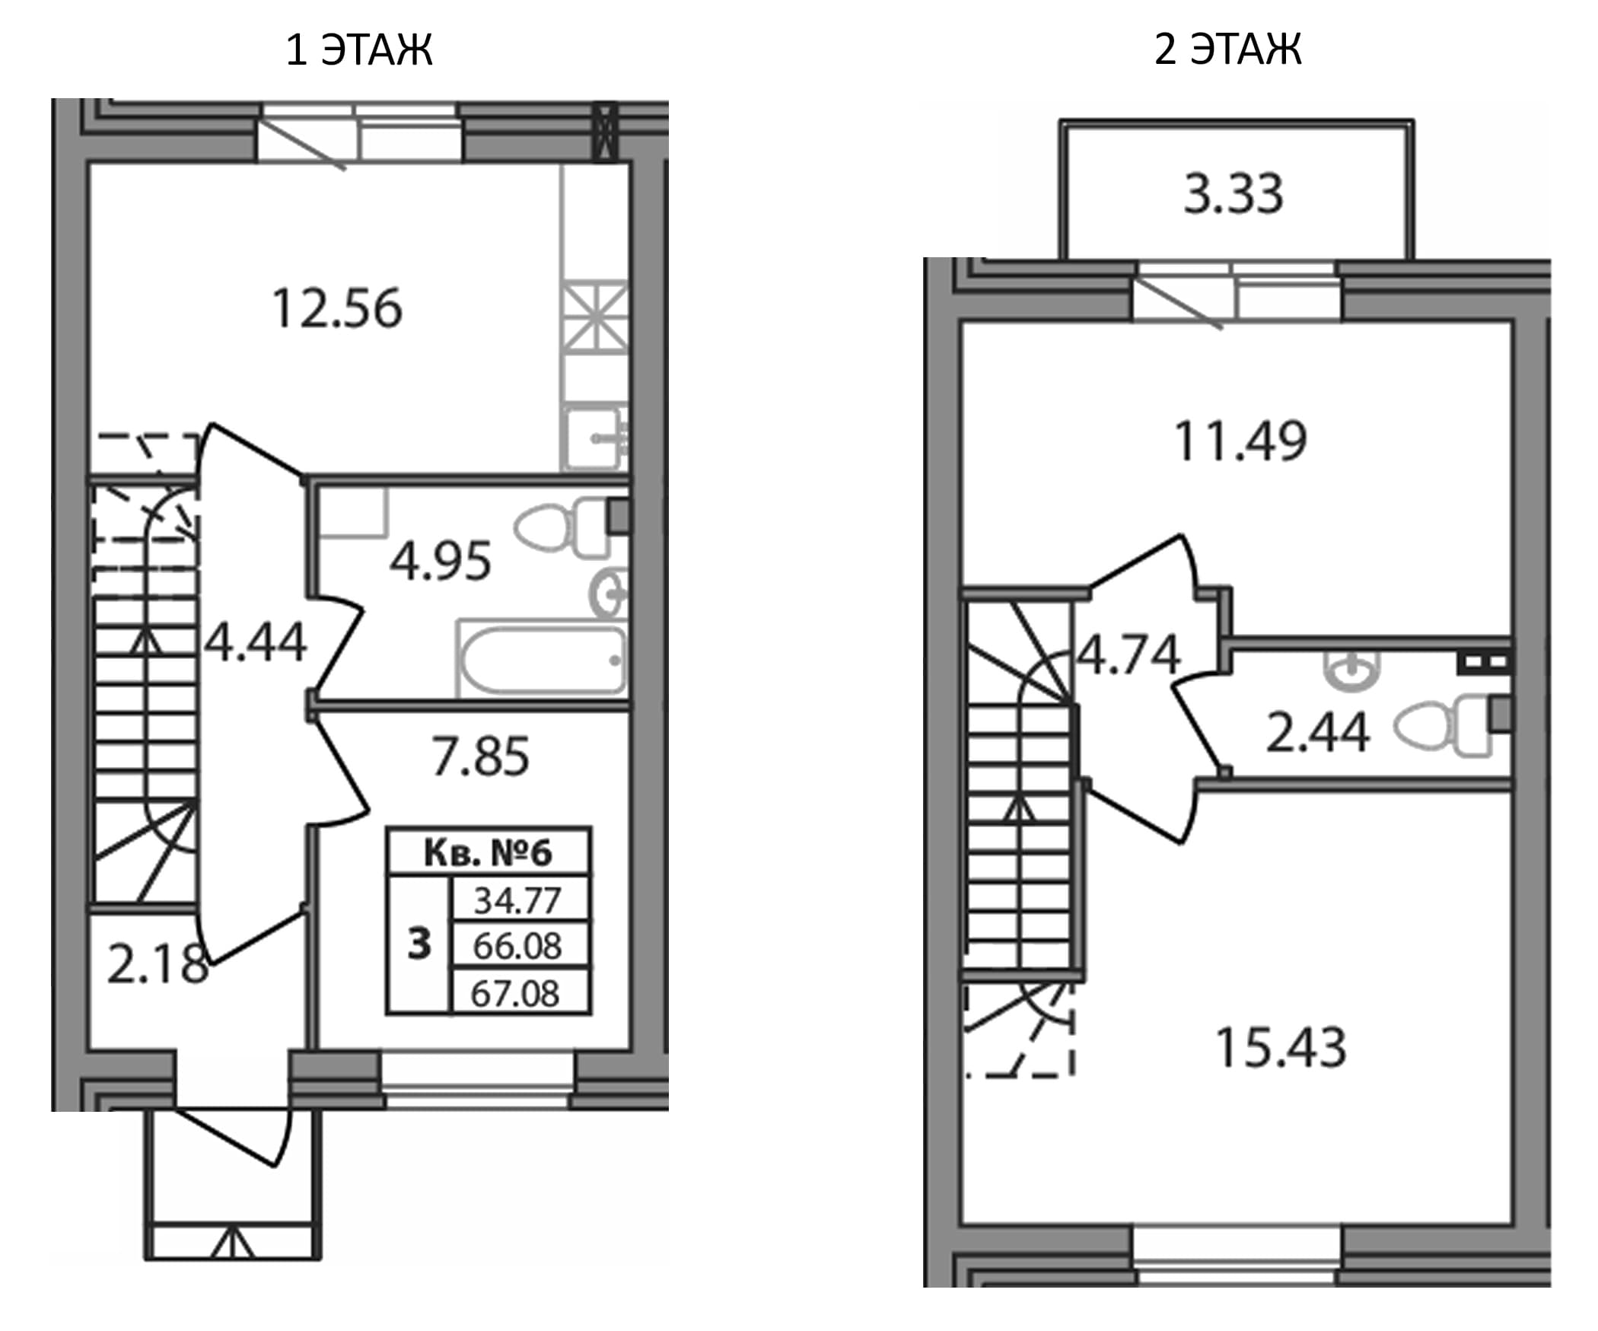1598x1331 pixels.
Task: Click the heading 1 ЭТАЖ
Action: pos(359,50)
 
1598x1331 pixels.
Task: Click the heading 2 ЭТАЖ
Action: pos(1227,50)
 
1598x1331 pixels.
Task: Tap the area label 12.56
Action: pos(337,309)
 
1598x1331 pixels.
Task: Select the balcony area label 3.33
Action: pos(1234,193)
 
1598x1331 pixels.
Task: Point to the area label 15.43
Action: pos(1281,1048)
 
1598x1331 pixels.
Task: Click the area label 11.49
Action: pos(1240,441)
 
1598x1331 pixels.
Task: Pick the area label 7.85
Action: pos(480,756)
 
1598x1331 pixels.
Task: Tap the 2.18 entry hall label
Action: pos(158,964)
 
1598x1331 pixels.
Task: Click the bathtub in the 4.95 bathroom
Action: pos(541,660)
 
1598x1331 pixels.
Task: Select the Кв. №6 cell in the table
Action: pos(488,852)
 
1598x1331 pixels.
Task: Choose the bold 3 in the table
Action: pos(419,944)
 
